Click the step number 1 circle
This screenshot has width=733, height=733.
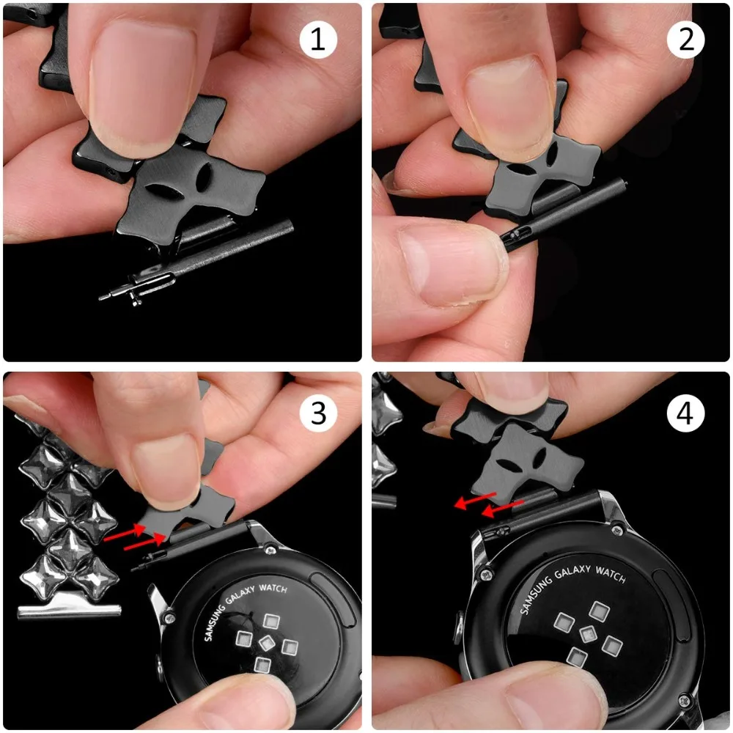[318, 40]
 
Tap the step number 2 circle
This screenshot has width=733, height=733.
[686, 40]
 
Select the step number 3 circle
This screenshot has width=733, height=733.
[318, 413]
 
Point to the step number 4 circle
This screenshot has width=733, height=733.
[686, 413]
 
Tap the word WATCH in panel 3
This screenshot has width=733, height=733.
[273, 588]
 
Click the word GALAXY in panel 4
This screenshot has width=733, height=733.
[572, 571]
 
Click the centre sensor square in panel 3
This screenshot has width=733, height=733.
[266, 644]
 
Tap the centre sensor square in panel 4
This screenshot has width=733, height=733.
[588, 633]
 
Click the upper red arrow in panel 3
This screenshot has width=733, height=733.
[124, 533]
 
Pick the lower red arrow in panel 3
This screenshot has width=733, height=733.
[144, 542]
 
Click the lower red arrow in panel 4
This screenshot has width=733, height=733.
[503, 509]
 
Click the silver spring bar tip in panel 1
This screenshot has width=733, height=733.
[106, 296]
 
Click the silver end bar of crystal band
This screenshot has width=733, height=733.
[69, 611]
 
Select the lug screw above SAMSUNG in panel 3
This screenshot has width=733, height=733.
[270, 549]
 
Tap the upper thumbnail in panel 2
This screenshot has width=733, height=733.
[509, 108]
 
